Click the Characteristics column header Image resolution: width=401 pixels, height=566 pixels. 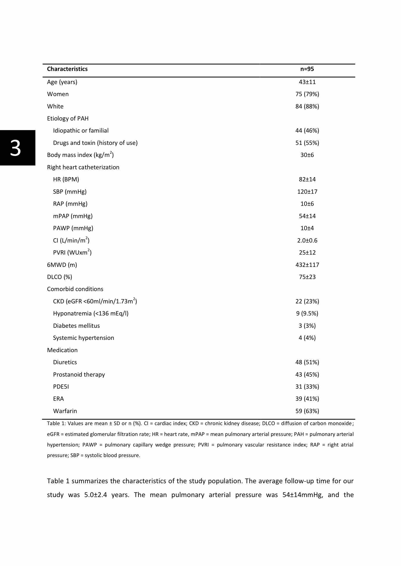67,69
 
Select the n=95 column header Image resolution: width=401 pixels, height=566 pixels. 307,69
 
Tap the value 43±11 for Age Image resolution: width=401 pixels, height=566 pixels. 307,82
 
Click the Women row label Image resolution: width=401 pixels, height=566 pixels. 58,94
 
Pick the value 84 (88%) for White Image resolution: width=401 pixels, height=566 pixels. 307,106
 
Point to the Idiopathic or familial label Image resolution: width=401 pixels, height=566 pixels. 81,131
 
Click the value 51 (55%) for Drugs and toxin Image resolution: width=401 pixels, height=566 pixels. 307,143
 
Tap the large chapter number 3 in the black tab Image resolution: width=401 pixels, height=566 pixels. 16,148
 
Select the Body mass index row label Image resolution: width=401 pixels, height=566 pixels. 80,155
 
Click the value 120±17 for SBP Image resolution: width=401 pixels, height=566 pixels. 307,192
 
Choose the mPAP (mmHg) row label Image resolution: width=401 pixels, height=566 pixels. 73,216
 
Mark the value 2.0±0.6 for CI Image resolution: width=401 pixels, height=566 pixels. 307,240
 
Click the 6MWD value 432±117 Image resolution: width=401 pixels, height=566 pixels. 307,265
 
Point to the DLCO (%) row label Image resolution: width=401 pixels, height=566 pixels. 60,277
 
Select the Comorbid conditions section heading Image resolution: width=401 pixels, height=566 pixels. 75,289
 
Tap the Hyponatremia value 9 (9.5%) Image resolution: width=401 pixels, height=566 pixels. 307,313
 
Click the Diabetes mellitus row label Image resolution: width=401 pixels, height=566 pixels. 76,326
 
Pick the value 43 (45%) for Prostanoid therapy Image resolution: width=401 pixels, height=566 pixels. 307,375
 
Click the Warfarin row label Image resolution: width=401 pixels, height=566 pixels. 65,411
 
